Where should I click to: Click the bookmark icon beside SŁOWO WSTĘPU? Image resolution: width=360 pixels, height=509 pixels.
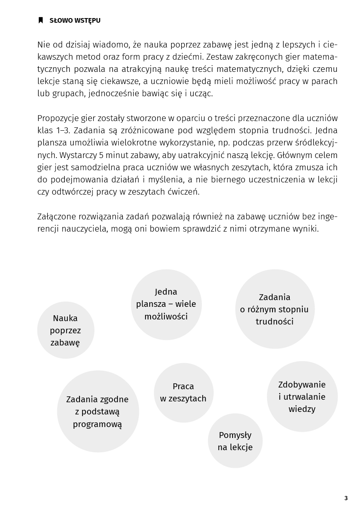41,20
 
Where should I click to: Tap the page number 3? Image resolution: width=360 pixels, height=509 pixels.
346,498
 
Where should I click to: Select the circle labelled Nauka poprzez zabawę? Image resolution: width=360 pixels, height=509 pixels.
66,330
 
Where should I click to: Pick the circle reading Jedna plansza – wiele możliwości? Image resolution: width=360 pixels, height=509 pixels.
166,304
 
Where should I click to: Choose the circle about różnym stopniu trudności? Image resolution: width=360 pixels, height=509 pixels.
275,309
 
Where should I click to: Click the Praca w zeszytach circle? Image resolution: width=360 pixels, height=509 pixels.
183,393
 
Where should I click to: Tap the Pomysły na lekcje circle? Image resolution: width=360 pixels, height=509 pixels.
235,441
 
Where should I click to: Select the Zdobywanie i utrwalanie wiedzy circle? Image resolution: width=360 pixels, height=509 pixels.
302,397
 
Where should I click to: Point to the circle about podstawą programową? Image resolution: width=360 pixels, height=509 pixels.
98,411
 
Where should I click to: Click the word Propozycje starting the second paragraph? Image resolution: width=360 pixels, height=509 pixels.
57,118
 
